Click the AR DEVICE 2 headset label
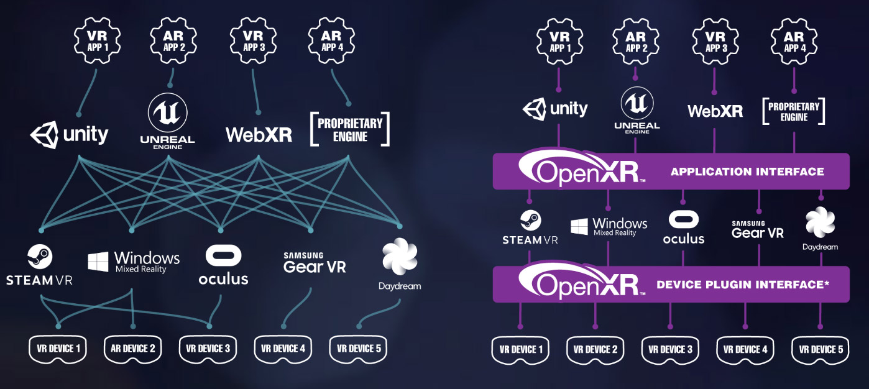[x=132, y=349]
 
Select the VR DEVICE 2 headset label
[x=595, y=350]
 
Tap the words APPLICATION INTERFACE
[x=747, y=172]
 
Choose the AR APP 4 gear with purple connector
[x=794, y=42]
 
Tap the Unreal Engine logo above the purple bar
[x=637, y=109]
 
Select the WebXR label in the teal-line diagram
[x=259, y=134]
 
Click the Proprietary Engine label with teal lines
[x=350, y=129]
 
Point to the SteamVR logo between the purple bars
[x=530, y=227]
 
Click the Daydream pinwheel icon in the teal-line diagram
[x=400, y=257]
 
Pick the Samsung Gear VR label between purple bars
[x=757, y=230]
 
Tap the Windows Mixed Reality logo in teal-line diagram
[x=134, y=261]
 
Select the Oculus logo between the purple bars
[x=684, y=227]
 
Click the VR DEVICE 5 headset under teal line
[x=358, y=349]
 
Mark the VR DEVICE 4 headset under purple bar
[x=745, y=350]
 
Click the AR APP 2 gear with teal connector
[x=174, y=42]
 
